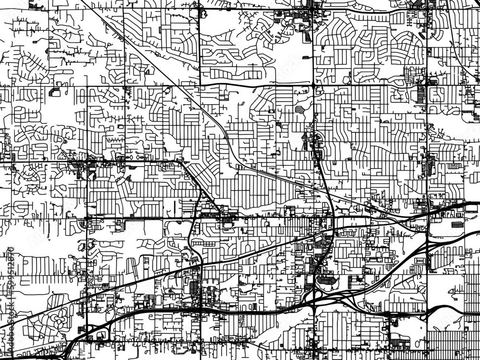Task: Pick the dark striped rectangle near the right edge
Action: coord(457,225)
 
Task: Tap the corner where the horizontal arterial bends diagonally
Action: coord(181,162)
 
